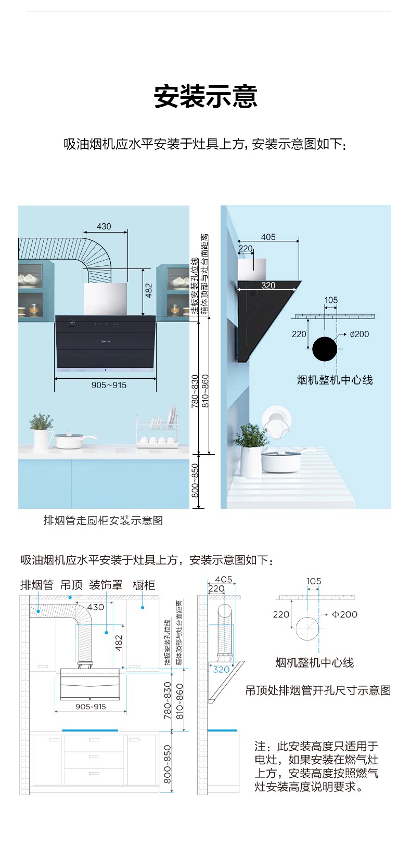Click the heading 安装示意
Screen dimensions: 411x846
pos(205,96)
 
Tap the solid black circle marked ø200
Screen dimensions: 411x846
pos(325,349)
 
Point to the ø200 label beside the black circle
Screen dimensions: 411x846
pos(359,334)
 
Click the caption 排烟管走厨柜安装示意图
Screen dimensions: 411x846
pos(103,520)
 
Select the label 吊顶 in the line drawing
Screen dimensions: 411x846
pos(71,585)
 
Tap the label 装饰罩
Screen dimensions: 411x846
pos(106,585)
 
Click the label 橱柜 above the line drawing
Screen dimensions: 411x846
pos(144,585)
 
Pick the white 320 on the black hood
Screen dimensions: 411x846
pos(268,285)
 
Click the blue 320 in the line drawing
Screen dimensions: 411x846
pos(221,670)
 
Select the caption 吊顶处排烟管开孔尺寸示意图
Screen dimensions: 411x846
pos(318,690)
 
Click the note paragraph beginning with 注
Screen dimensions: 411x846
pos(316,766)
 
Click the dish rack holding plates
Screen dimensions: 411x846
pos(157,431)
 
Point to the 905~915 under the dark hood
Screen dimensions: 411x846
pos(109,385)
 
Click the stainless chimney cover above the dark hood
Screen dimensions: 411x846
pos(106,299)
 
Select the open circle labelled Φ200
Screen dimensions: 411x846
pos(307,629)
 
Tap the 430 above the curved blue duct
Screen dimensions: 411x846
pos(104,226)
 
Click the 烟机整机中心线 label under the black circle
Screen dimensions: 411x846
pos(335,380)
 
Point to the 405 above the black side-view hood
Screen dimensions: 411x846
pos(268,237)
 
